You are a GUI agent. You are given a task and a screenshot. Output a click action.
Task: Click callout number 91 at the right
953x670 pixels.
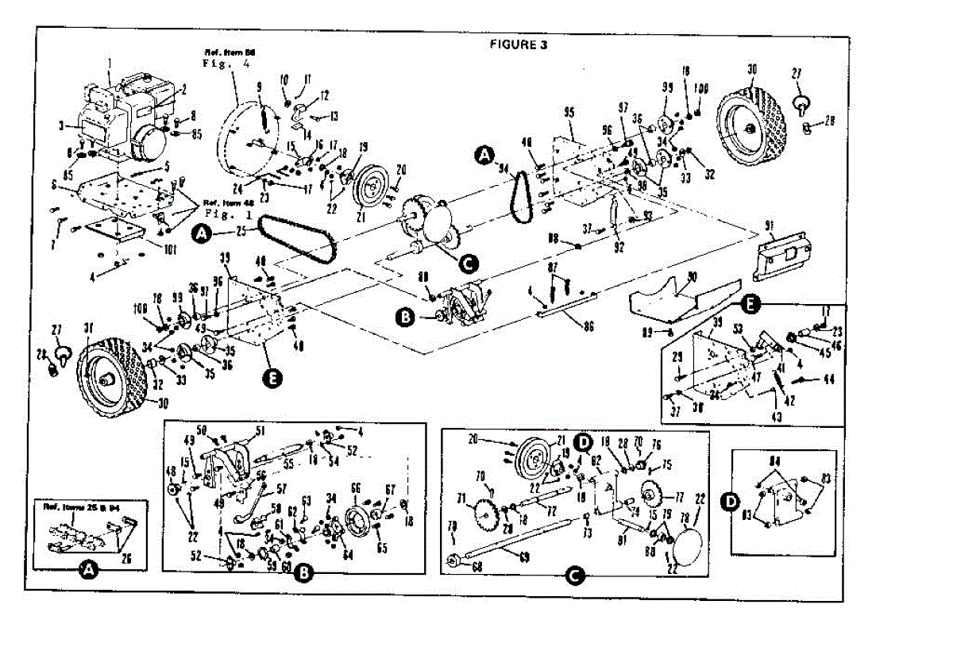point(768,227)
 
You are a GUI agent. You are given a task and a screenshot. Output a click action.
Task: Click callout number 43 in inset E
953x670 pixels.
point(776,416)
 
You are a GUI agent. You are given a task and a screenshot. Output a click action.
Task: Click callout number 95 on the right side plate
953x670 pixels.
point(568,113)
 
